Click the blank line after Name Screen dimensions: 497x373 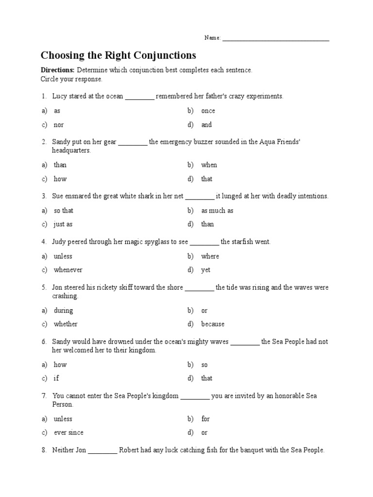coord(276,39)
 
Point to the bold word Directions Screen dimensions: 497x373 coord(57,70)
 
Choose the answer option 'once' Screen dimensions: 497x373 coord(208,111)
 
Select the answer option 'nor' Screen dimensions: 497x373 coord(59,125)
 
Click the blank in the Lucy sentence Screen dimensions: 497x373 coord(139,97)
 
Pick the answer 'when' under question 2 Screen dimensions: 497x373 coord(209,165)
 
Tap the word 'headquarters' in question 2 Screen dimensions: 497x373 coord(71,150)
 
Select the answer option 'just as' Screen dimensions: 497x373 coord(63,224)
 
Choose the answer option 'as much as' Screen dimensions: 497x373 coord(217,211)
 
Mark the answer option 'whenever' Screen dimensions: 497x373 coord(68,270)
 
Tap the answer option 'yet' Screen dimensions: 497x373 coord(206,270)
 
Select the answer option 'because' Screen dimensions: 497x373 coord(213,324)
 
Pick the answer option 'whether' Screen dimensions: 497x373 coord(66,324)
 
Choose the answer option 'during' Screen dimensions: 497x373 coord(63,311)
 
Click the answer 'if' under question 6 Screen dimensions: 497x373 coord(56,378)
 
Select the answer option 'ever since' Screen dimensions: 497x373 coord(68,432)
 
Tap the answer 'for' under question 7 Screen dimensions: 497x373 coord(205,419)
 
